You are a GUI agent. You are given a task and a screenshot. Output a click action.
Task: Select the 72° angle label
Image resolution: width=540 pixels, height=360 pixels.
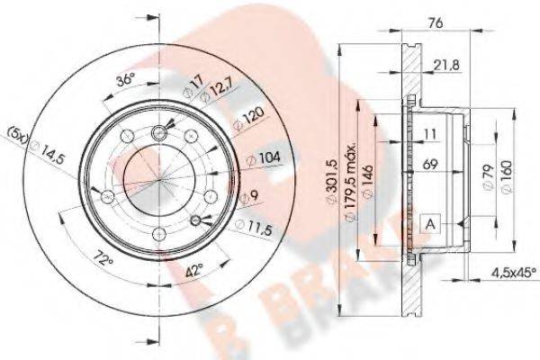pos(105,260)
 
